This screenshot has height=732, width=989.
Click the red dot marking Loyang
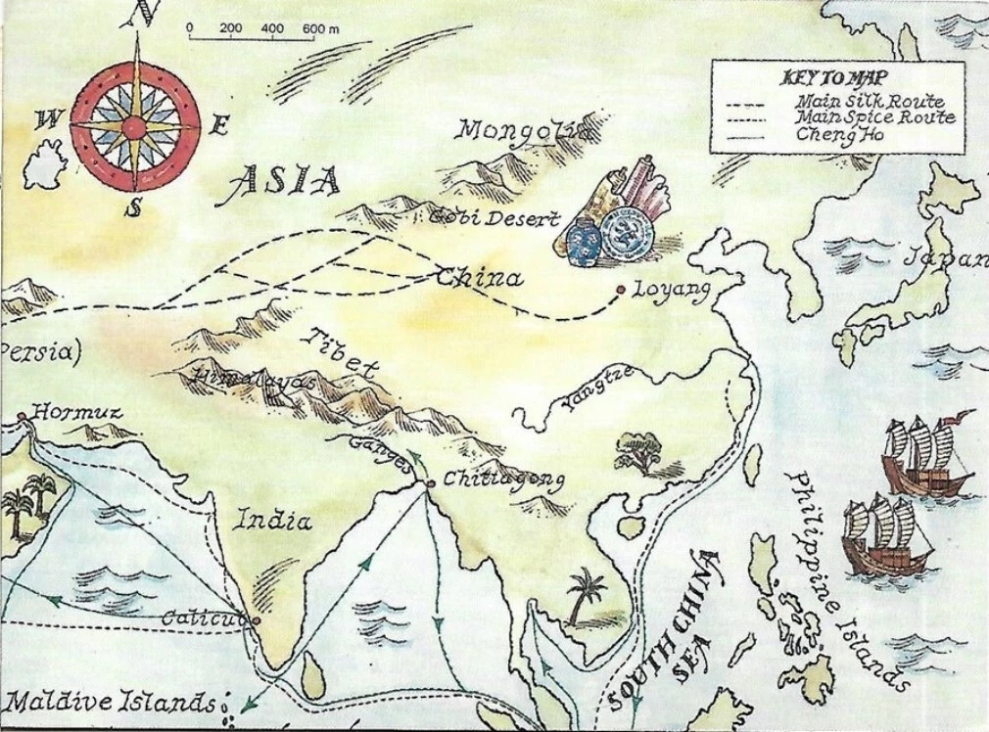(621, 290)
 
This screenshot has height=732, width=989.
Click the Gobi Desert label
(494, 219)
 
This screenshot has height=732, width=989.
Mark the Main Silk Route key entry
(869, 101)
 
